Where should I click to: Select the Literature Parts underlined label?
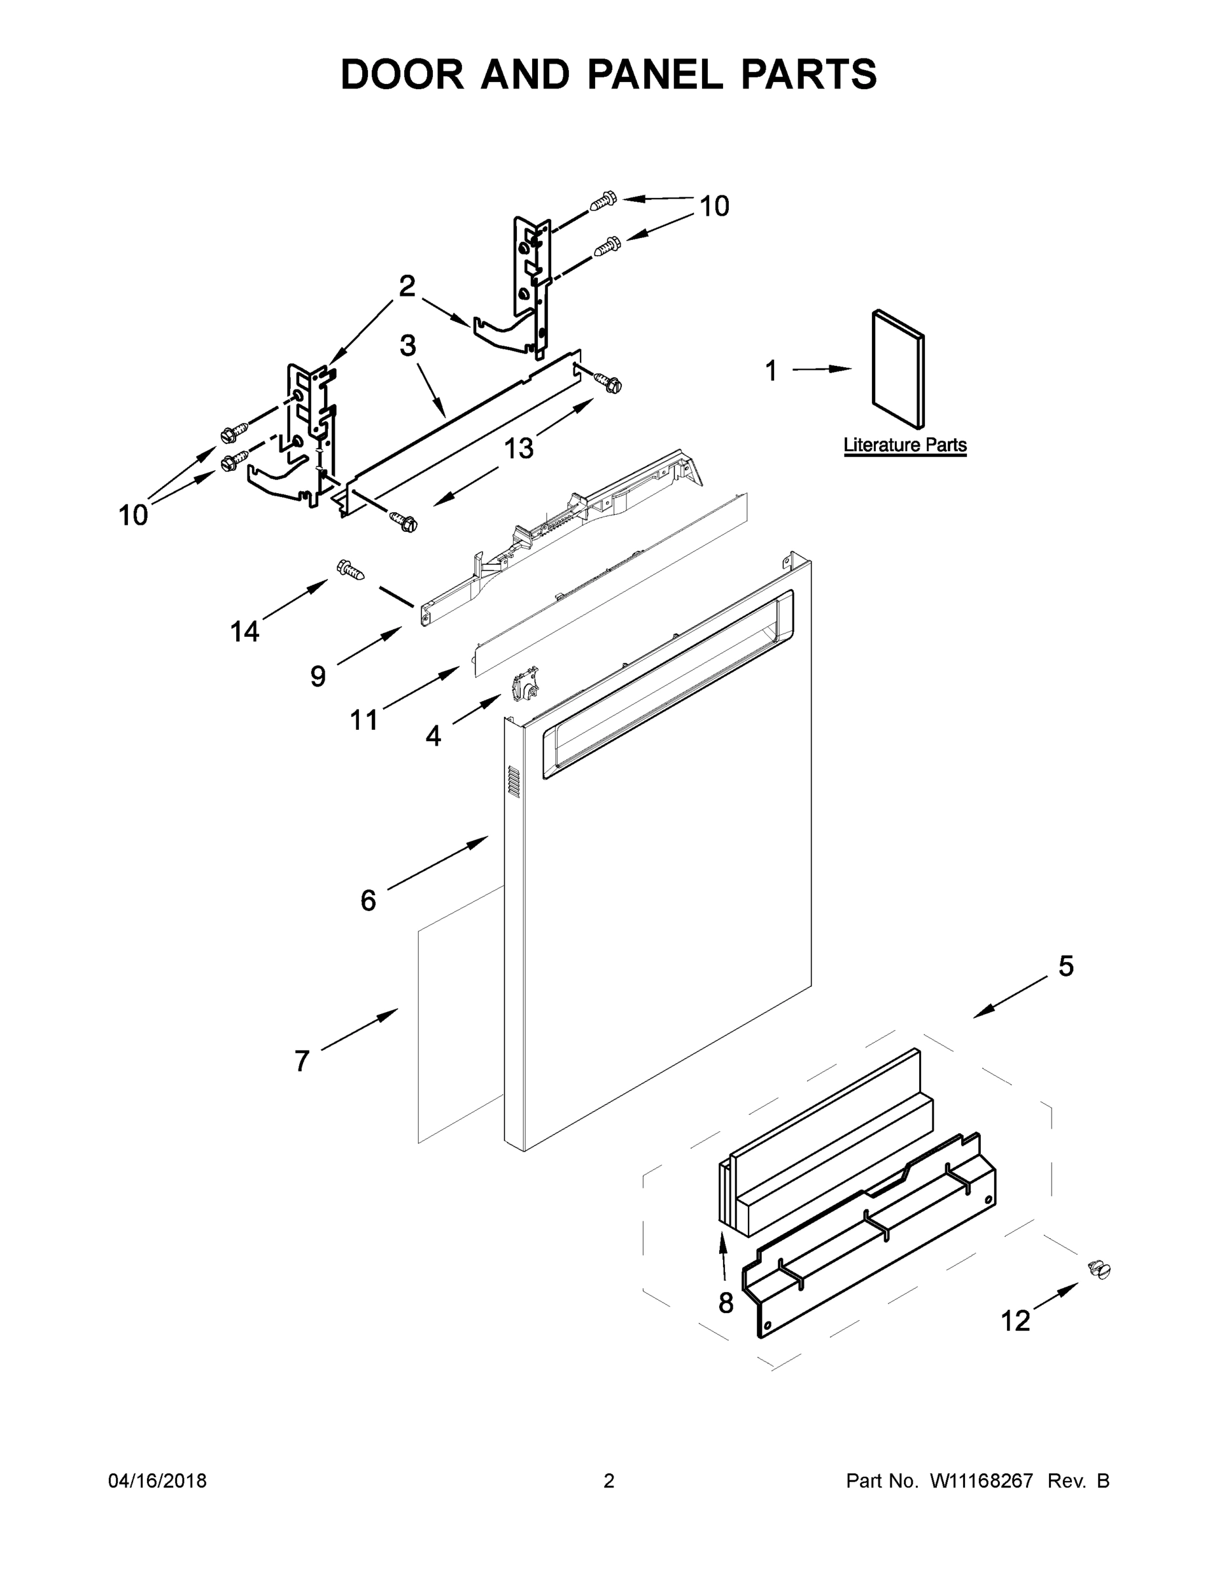click(x=905, y=445)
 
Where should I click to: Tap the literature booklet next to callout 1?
click(x=897, y=369)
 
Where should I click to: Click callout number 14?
click(x=245, y=632)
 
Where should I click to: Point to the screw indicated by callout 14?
click(x=350, y=569)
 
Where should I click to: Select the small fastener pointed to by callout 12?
click(x=1100, y=1269)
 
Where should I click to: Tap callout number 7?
click(x=302, y=1061)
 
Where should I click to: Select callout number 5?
click(x=1065, y=967)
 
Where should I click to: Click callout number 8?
click(x=726, y=1302)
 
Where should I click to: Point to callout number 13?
click(x=518, y=449)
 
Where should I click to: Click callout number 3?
click(x=408, y=345)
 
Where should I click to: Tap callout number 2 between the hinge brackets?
click(x=407, y=286)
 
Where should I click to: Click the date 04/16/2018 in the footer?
click(x=157, y=1480)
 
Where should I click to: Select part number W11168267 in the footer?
click(x=981, y=1480)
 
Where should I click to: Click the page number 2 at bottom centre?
click(x=609, y=1480)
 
